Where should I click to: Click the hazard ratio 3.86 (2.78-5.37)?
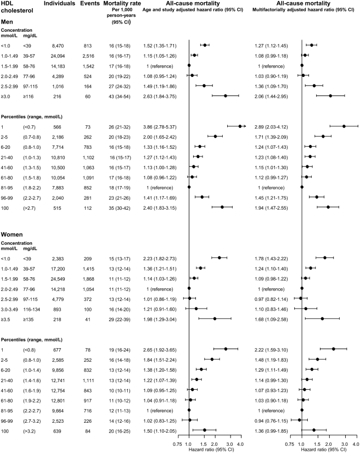pyautogui.click(x=160, y=126)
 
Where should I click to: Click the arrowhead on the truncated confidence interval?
pyautogui.click(x=244, y=126)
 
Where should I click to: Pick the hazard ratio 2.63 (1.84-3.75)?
pyautogui.click(x=160, y=95)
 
